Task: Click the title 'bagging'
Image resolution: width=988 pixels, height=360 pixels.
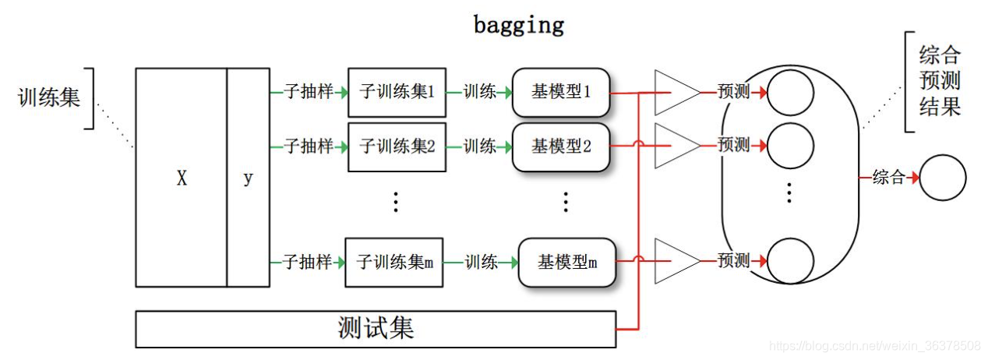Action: pos(518,25)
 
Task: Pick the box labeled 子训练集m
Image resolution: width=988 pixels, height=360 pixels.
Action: pos(394,262)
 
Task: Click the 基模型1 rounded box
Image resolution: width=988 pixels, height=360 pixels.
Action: pos(561,92)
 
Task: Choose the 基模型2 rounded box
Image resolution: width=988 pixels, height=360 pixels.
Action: pos(561,146)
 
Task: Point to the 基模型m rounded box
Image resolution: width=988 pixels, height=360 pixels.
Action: pos(566,262)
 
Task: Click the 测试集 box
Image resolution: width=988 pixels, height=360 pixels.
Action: pos(376,329)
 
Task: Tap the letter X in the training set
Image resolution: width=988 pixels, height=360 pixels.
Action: pos(182,178)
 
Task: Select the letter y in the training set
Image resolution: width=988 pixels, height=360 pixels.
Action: pos(248,178)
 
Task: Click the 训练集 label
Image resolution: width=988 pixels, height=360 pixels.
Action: pos(48,97)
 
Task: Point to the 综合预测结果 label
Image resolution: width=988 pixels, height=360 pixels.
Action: pos(940,81)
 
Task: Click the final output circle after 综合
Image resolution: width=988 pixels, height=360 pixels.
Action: pos(943,178)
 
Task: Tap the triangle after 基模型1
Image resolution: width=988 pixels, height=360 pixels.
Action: pos(675,92)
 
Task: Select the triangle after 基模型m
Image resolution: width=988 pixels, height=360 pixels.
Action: pos(675,261)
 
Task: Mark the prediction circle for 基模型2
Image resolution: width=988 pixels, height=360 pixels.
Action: pos(791,145)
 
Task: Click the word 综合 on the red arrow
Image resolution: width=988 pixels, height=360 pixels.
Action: pos(888,178)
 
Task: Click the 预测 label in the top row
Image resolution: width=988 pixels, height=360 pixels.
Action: pos(733,92)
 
